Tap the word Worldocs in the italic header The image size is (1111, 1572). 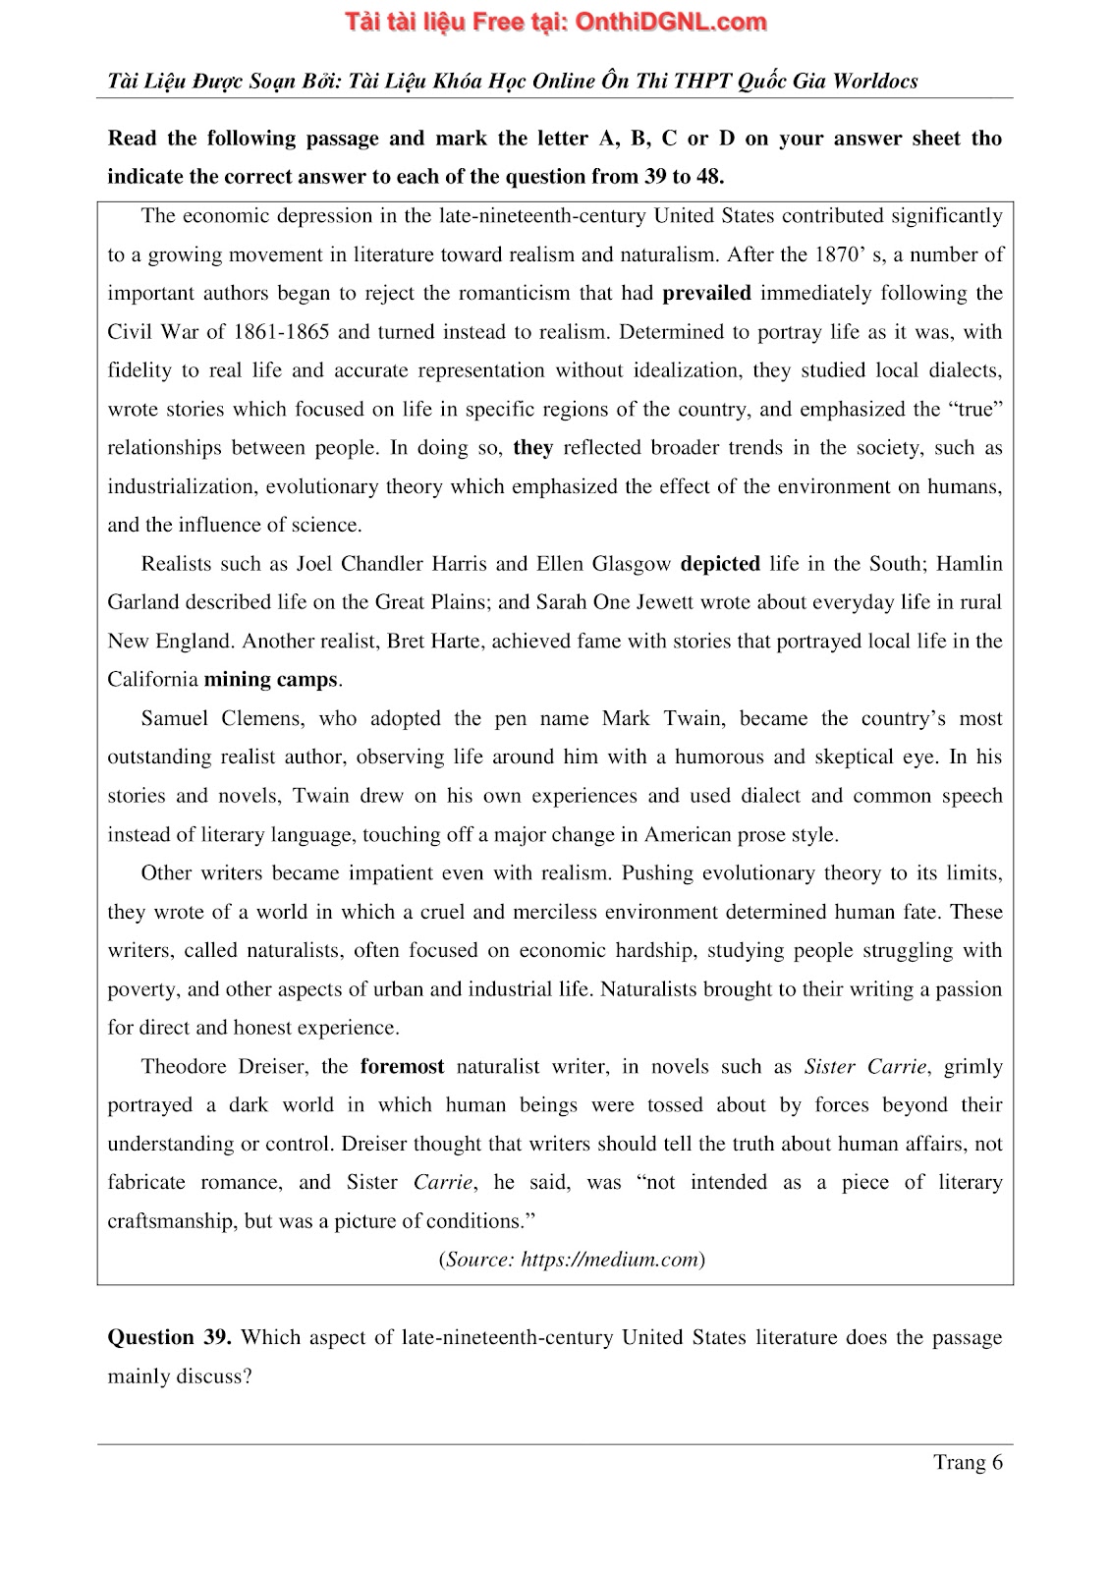(x=874, y=82)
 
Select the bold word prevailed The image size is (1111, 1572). (x=706, y=293)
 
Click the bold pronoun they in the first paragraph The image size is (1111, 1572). (x=533, y=448)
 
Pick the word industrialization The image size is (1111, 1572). (x=181, y=486)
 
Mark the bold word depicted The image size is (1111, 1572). (x=720, y=564)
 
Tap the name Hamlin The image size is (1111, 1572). (x=970, y=564)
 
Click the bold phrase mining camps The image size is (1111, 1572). (x=270, y=680)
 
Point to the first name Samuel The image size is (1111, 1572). (x=175, y=718)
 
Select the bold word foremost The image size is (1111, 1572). (x=402, y=1067)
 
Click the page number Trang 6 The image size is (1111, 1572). (x=968, y=1462)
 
